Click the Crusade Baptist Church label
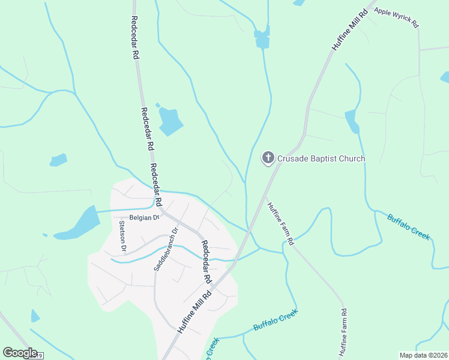click(321, 158)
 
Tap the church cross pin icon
click(268, 158)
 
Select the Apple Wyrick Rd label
click(396, 18)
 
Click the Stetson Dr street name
click(122, 236)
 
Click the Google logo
click(20, 353)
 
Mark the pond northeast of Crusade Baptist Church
click(352, 121)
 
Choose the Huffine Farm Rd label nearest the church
click(280, 223)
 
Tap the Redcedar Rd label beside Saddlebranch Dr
click(206, 262)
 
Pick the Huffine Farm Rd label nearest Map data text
click(344, 334)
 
